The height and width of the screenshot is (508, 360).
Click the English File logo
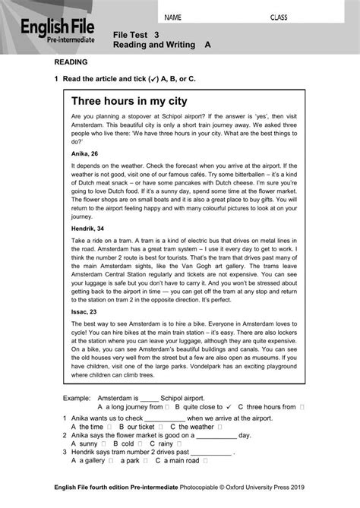pyautogui.click(x=52, y=34)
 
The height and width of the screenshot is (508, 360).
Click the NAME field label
pyautogui.click(x=173, y=16)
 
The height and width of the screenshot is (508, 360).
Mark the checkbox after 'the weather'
pyautogui.click(x=220, y=427)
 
